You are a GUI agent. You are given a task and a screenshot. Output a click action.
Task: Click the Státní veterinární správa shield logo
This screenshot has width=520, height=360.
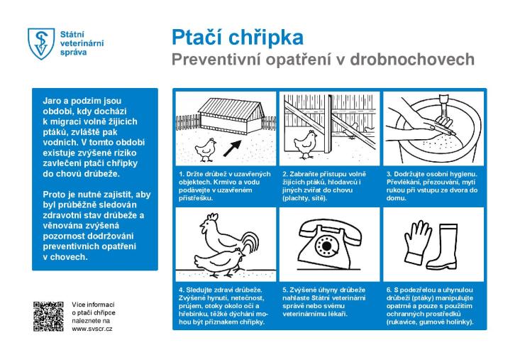tap(40, 43)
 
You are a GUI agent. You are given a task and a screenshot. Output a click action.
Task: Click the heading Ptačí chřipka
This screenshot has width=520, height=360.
tap(237, 37)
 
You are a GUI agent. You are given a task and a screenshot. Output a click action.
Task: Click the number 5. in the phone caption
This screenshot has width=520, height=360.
tap(285, 290)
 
